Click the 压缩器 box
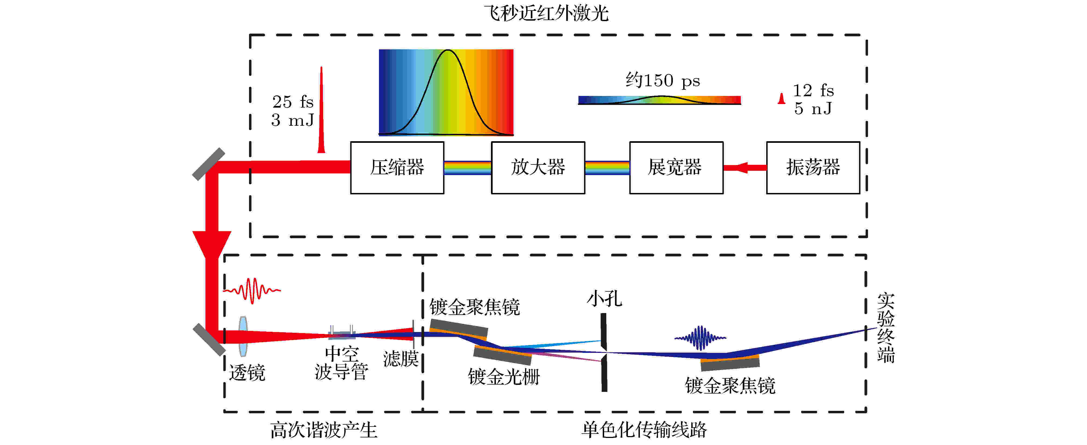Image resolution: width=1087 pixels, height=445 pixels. [x=397, y=168]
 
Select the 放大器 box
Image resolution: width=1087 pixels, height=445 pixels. [x=538, y=168]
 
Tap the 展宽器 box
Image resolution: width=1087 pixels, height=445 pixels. [x=676, y=168]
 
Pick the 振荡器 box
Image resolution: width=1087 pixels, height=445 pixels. [x=813, y=168]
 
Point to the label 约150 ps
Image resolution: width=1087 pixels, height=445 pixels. [x=663, y=80]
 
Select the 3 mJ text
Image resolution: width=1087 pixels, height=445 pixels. [x=292, y=120]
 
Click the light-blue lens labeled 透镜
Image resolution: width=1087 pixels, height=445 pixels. [x=243, y=336]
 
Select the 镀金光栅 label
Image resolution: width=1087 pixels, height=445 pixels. [x=504, y=376]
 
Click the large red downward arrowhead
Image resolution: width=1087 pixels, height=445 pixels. [x=212, y=244]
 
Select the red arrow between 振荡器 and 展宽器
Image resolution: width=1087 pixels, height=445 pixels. [x=745, y=168]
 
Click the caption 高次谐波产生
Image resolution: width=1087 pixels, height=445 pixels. [x=324, y=430]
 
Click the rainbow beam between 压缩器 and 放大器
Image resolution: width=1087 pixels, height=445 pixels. [x=467, y=168]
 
